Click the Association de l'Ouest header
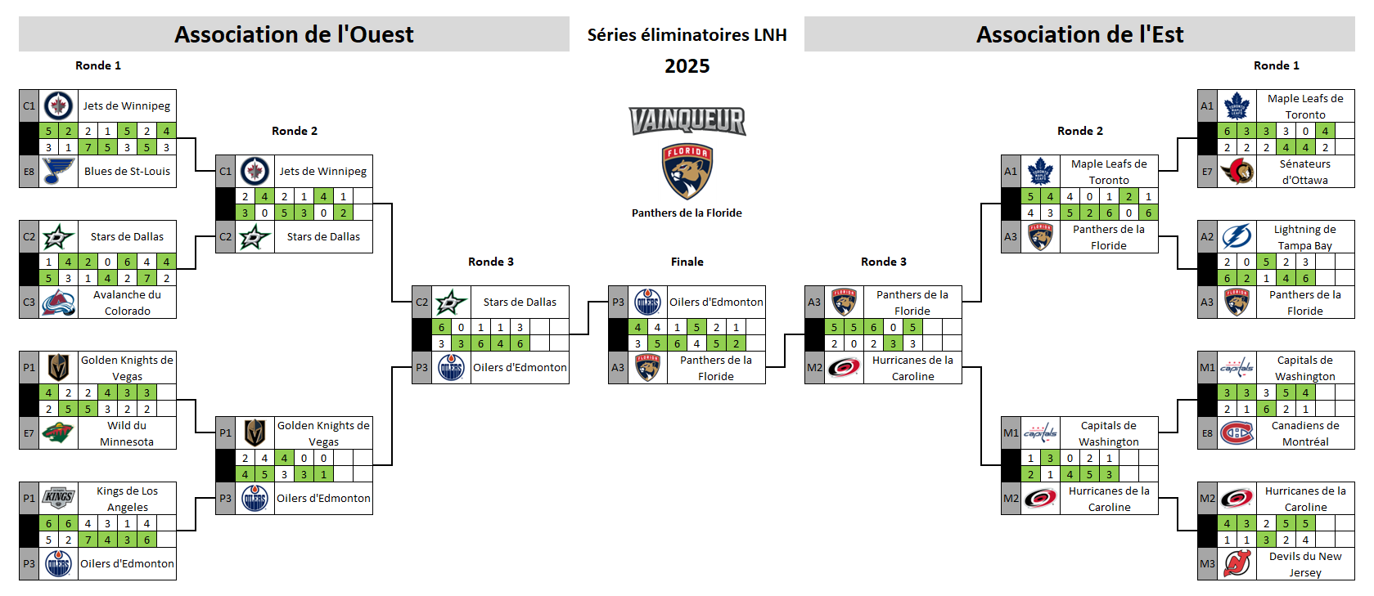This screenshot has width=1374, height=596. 294,34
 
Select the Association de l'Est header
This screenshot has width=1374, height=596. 1079,34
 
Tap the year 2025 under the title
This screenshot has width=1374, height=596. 687,66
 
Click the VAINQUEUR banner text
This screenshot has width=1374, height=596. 687,121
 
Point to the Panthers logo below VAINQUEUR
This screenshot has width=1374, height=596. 687,173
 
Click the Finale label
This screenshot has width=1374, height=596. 687,262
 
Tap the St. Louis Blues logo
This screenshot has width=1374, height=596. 58,171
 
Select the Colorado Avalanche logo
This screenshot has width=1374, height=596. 58,302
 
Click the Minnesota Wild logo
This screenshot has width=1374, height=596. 58,433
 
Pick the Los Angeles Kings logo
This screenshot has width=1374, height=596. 58,497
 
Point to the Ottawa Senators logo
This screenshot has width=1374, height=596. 1237,172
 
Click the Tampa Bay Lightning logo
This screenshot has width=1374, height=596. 1237,236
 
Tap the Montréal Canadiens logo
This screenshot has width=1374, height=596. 1237,433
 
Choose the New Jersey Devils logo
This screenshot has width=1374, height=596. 1237,563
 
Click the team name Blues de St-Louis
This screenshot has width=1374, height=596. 127,172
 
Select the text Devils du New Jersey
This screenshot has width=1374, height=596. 1305,564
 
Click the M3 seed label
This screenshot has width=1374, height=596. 1207,564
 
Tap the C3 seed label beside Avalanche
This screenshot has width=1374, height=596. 29,302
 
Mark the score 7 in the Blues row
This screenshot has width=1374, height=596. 88,147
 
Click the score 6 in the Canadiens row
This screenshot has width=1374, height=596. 1266,409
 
